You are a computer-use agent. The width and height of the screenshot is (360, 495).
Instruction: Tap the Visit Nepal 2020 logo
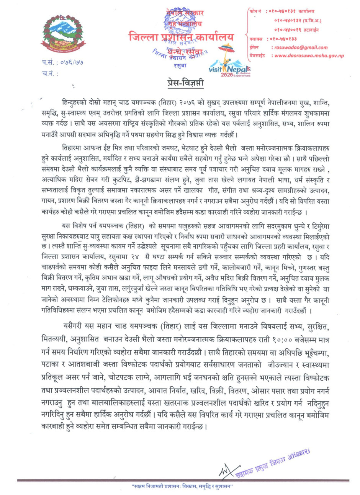230,65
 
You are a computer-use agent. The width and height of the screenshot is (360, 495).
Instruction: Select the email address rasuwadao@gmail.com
299,47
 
